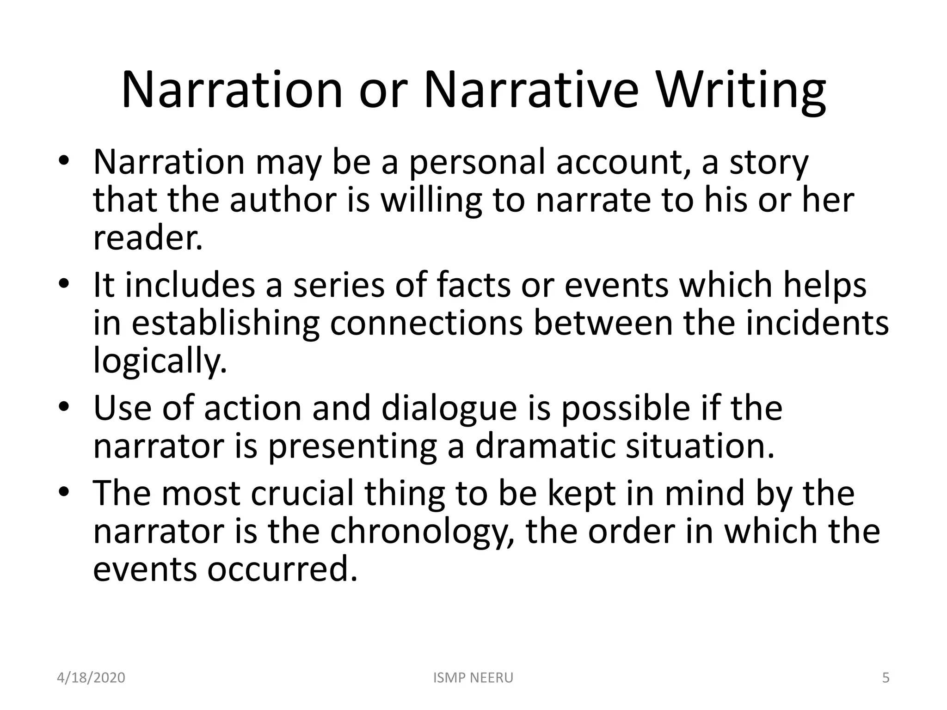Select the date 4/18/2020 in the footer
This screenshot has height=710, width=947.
[91, 678]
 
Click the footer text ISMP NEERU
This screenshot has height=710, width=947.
[473, 678]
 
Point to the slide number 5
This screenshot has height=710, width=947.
[886, 678]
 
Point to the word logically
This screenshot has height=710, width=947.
[160, 361]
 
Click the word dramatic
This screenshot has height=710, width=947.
[545, 446]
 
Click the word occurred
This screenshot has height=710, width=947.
[282, 569]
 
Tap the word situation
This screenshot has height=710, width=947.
[700, 446]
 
